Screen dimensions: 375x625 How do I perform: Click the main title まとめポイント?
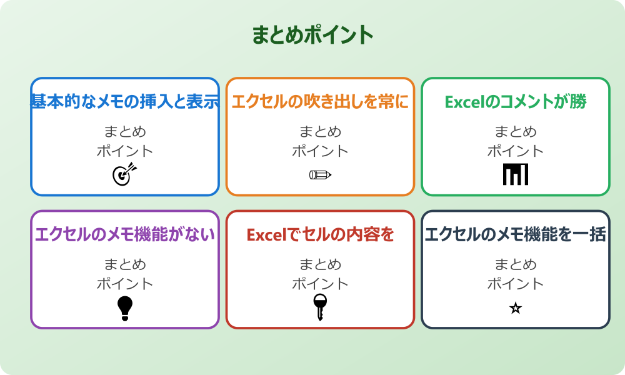(312, 35)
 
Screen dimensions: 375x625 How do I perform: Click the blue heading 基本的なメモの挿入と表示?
(125, 102)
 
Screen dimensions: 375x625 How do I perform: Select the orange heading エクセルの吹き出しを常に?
(320, 102)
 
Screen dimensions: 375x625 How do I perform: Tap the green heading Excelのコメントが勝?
(516, 102)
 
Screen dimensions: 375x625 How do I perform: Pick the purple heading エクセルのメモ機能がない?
(125, 235)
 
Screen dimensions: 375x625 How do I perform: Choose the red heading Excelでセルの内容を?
(320, 235)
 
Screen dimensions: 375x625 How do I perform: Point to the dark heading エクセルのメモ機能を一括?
(516, 235)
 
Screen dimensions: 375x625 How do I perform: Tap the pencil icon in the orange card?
(320, 174)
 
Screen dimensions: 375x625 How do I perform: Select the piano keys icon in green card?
(516, 174)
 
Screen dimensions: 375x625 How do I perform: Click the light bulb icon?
(125, 308)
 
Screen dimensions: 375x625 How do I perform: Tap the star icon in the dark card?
(516, 308)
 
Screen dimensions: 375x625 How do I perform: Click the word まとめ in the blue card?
(125, 132)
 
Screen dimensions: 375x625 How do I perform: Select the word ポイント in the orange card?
(320, 151)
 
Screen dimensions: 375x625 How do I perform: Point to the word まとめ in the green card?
(516, 132)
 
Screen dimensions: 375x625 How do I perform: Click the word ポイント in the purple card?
(125, 284)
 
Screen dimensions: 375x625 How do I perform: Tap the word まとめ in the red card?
(320, 264)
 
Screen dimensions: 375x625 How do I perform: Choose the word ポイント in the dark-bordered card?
(516, 284)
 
